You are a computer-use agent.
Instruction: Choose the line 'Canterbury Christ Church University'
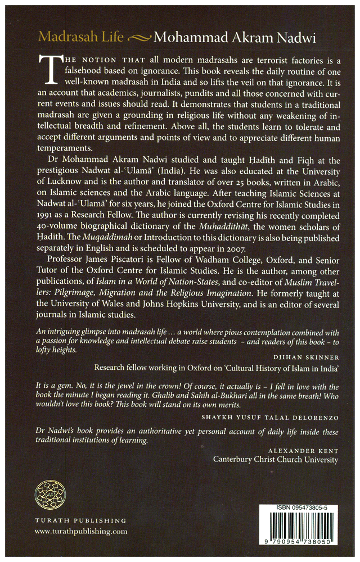coord(276,460)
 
